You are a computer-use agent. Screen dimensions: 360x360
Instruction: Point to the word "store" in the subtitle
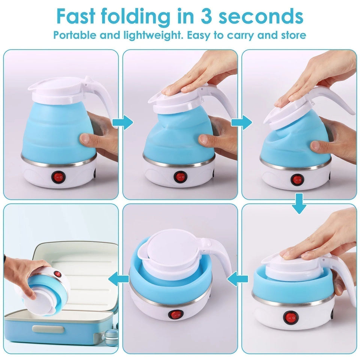292,36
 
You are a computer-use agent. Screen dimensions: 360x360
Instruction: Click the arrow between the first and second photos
127,122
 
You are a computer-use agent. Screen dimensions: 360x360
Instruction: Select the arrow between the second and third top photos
246,122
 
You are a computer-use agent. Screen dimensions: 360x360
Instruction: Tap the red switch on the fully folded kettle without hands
175,314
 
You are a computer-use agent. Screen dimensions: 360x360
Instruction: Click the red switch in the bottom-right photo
289,318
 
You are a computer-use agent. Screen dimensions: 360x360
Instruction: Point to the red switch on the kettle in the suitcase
57,274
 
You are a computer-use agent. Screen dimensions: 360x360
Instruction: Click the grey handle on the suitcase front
45,329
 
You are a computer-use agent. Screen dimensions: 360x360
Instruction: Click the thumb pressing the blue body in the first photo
85,139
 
